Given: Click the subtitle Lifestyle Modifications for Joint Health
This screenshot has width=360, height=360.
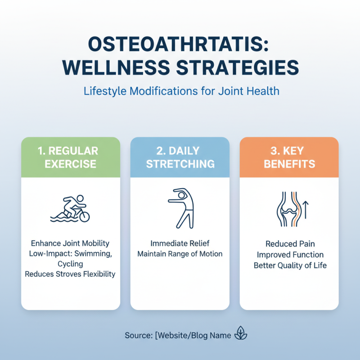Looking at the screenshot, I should click(181, 91).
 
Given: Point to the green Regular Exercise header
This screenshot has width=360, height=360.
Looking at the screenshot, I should click(71, 157).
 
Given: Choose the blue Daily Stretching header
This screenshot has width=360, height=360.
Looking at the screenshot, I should click(180, 157).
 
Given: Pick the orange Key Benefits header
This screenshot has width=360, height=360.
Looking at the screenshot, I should click(289, 157).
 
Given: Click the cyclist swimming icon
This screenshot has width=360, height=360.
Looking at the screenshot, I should click(70, 209).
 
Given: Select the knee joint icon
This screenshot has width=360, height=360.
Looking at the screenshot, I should click(286, 208).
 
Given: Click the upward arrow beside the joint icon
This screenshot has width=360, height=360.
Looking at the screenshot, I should click(306, 210).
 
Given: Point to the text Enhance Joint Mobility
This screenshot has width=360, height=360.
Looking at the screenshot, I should click(70, 244).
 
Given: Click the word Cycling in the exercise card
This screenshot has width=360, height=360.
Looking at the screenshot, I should click(70, 264).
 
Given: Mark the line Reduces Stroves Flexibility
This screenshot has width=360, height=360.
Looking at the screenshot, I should click(70, 274).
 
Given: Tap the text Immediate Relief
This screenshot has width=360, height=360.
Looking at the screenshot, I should click(180, 244).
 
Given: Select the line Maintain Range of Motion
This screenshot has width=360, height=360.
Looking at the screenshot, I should click(180, 254).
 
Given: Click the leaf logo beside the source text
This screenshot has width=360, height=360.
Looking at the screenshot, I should click(241, 335).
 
